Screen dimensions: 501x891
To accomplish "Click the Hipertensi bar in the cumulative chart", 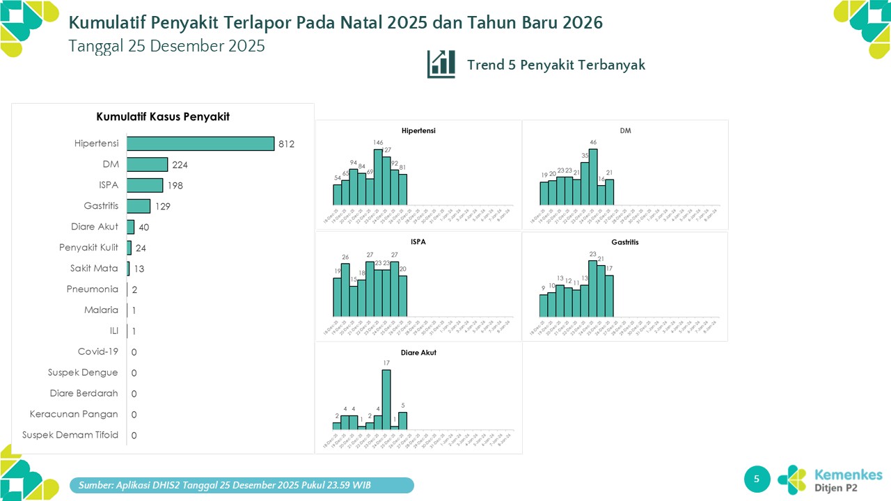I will tap(200, 143).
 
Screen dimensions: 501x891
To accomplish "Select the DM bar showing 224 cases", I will tap(147, 164).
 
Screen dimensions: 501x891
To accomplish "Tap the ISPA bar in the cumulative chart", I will tap(145, 185).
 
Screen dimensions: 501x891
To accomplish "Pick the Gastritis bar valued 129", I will tap(139, 206).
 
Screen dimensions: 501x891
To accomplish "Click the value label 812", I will tap(287, 144).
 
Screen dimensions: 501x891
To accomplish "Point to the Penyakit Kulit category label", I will tap(88, 247).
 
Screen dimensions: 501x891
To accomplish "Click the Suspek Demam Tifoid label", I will tap(70, 435).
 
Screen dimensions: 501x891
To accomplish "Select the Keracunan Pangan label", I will tap(74, 414).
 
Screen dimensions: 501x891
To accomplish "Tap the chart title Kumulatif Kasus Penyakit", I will tap(163, 117).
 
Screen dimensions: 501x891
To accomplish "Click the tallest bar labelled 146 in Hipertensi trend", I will tap(378, 177).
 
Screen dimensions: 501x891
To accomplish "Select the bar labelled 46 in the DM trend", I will tap(593, 177).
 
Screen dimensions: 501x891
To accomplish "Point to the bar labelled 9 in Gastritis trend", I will tap(544, 305).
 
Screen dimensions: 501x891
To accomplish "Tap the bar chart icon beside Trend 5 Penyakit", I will tap(441, 64).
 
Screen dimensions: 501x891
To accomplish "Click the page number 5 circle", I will tap(757, 478).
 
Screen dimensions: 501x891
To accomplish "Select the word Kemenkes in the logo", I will tap(848, 475).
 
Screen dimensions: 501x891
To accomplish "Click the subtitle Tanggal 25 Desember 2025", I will tap(167, 46).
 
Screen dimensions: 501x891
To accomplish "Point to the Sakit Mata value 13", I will tap(140, 269).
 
